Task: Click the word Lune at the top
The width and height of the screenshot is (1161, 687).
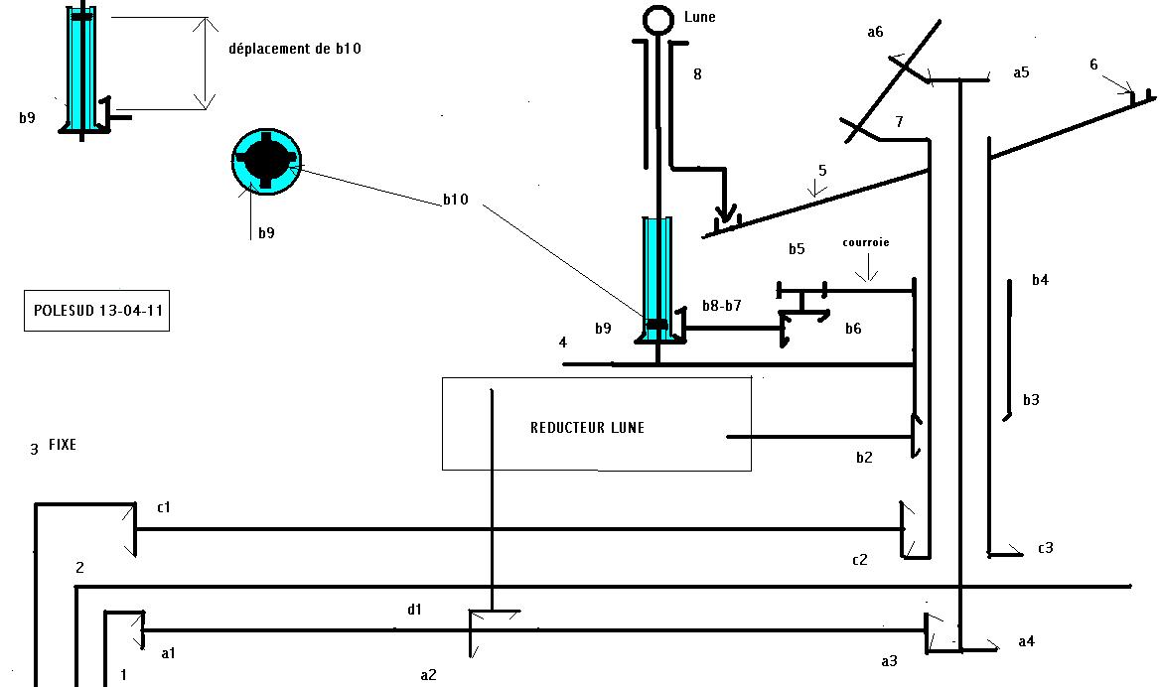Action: click(x=700, y=17)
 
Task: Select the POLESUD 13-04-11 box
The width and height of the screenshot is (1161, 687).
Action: click(x=97, y=310)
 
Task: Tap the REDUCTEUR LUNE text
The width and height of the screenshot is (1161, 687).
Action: click(x=587, y=428)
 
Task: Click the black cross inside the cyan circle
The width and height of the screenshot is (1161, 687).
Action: click(x=266, y=162)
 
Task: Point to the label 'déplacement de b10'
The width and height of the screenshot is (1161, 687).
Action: click(x=295, y=49)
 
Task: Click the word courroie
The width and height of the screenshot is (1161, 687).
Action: click(x=866, y=242)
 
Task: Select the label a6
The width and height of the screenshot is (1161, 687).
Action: click(x=875, y=32)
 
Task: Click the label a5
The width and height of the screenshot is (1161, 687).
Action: click(x=1021, y=72)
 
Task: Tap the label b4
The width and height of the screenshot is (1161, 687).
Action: click(x=1040, y=280)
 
